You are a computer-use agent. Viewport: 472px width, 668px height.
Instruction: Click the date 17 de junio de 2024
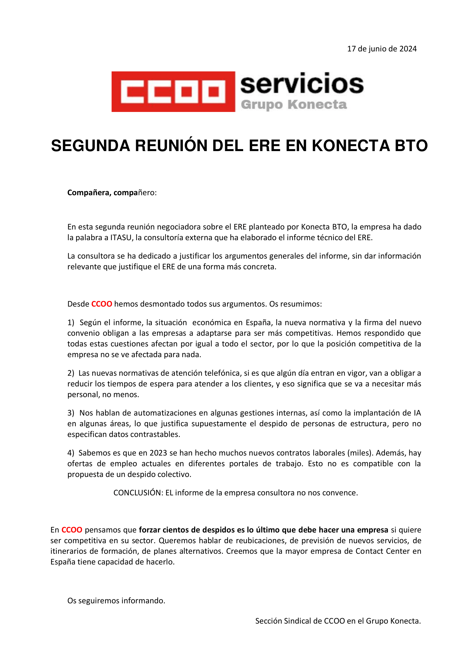click(382, 49)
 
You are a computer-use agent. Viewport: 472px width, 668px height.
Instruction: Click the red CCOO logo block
click(173, 92)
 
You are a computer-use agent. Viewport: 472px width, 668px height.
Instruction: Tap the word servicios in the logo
click(302, 84)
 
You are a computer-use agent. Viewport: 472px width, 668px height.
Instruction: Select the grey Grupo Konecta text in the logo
click(294, 105)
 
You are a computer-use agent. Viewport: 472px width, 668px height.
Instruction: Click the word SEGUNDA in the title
click(90, 146)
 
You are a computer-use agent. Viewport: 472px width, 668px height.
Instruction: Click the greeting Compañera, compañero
click(112, 192)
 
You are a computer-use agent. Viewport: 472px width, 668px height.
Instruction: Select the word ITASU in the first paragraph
click(121, 238)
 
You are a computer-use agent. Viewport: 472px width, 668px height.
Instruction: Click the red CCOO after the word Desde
click(102, 304)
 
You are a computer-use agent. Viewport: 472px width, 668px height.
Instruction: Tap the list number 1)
click(71, 322)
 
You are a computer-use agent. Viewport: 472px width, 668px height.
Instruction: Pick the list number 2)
click(71, 373)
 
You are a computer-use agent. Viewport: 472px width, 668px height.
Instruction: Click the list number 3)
click(71, 413)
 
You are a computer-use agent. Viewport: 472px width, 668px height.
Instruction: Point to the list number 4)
click(71, 453)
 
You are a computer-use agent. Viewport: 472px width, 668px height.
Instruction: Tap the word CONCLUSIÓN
click(138, 493)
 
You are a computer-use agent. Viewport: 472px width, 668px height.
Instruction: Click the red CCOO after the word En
click(72, 530)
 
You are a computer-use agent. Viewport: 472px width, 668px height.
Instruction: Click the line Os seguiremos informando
click(116, 601)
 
